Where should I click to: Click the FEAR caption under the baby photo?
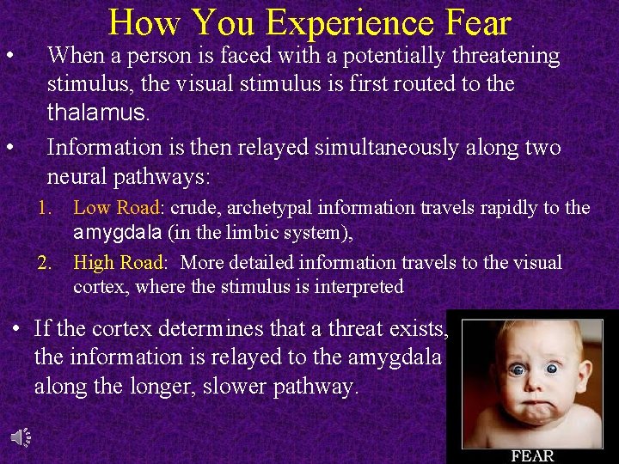click(x=532, y=455)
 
